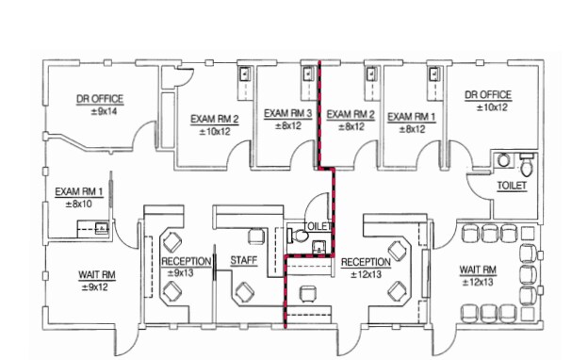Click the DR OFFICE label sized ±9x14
99,98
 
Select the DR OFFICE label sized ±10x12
487,95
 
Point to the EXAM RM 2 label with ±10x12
215,120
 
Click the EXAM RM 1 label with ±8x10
79,190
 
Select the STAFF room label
244,261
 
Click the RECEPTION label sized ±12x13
366,262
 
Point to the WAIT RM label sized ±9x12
98,275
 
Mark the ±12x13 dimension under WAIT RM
478,281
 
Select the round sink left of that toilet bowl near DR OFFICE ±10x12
505,160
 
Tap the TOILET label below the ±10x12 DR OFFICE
512,186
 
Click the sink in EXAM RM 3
306,72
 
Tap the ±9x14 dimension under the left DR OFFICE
99,110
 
